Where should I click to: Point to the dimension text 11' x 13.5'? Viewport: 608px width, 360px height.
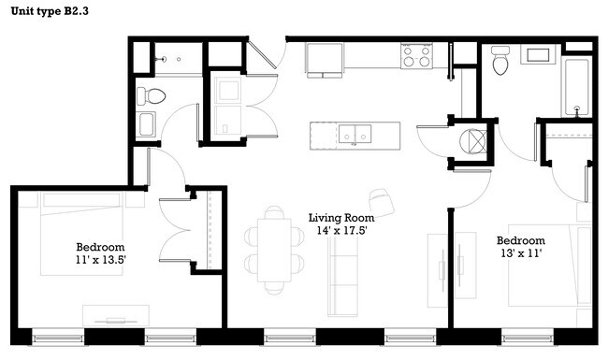[x=101, y=260]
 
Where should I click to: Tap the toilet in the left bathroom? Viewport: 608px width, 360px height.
[x=151, y=95]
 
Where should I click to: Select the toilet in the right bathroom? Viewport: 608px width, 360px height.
[x=499, y=63]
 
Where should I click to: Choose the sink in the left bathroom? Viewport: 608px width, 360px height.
[x=146, y=124]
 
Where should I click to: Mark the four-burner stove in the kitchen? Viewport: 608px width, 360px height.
[x=416, y=57]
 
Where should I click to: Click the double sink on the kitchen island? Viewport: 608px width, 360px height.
[x=356, y=135]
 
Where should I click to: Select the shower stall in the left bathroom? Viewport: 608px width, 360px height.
[x=179, y=58]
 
